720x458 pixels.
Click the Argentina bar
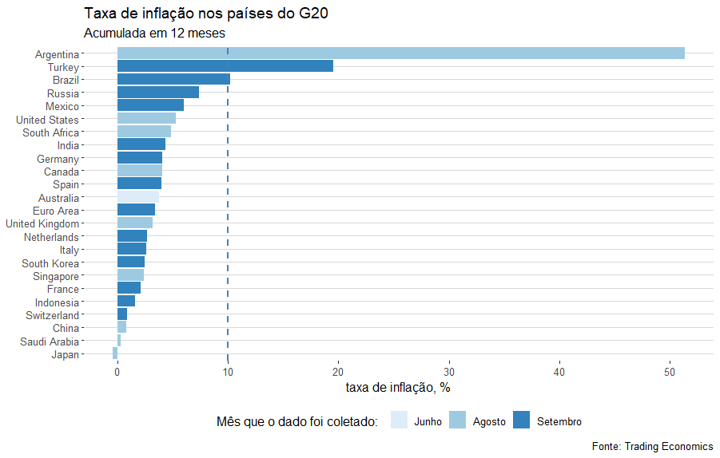(x=400, y=53)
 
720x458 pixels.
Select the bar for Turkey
(x=225, y=66)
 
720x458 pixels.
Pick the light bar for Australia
(x=137, y=197)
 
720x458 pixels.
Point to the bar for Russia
(x=157, y=93)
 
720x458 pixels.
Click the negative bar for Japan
(x=115, y=353)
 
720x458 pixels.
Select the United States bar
(x=146, y=119)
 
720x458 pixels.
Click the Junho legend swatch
(x=398, y=420)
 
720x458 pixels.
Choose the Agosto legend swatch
(x=456, y=420)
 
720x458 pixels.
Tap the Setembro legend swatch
(x=521, y=420)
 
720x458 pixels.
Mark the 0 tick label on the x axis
(x=117, y=371)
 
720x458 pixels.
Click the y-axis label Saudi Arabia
(x=50, y=342)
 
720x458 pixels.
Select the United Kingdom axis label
(x=42, y=223)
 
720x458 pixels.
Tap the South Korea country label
(x=50, y=263)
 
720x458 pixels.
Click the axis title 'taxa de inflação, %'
(x=398, y=388)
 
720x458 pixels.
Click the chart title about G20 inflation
(x=205, y=14)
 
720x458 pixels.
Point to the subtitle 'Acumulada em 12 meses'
(x=154, y=34)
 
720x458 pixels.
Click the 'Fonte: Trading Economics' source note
(x=652, y=446)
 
